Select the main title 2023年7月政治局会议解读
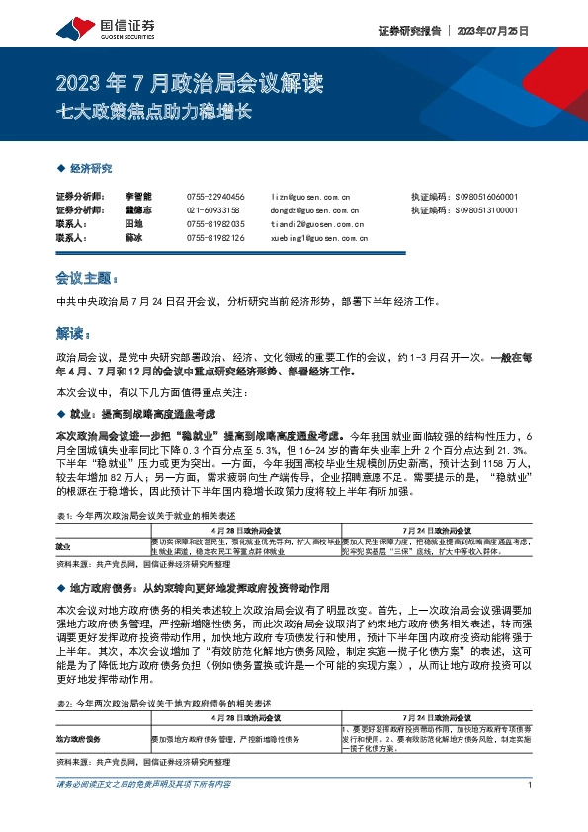pos(191,83)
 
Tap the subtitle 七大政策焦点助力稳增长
pos(157,111)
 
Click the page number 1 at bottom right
pos(532,812)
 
